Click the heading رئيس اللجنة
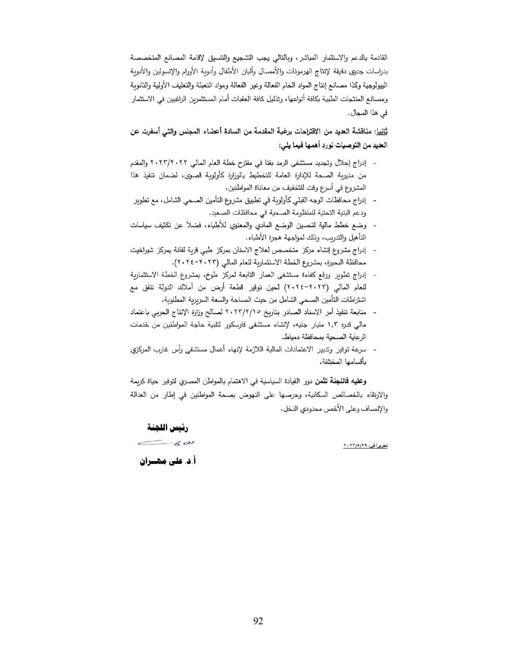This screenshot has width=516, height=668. click(x=168, y=428)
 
